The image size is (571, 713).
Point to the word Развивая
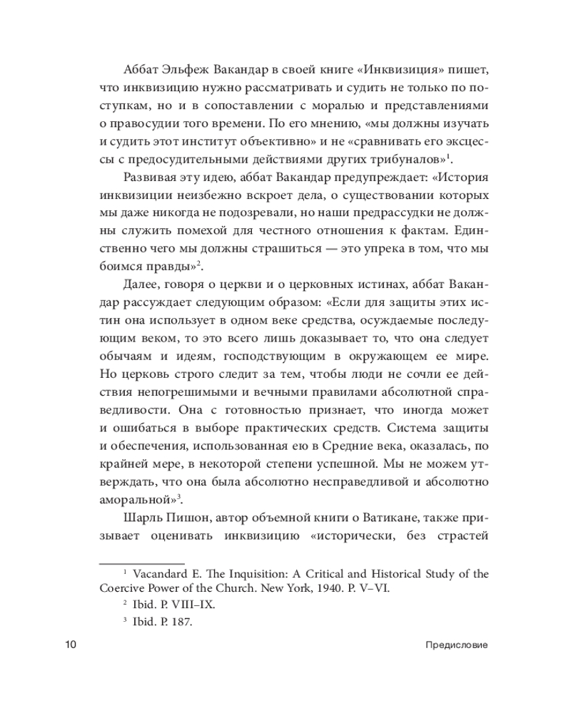tap(152, 177)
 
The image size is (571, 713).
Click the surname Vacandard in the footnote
tap(163, 573)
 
